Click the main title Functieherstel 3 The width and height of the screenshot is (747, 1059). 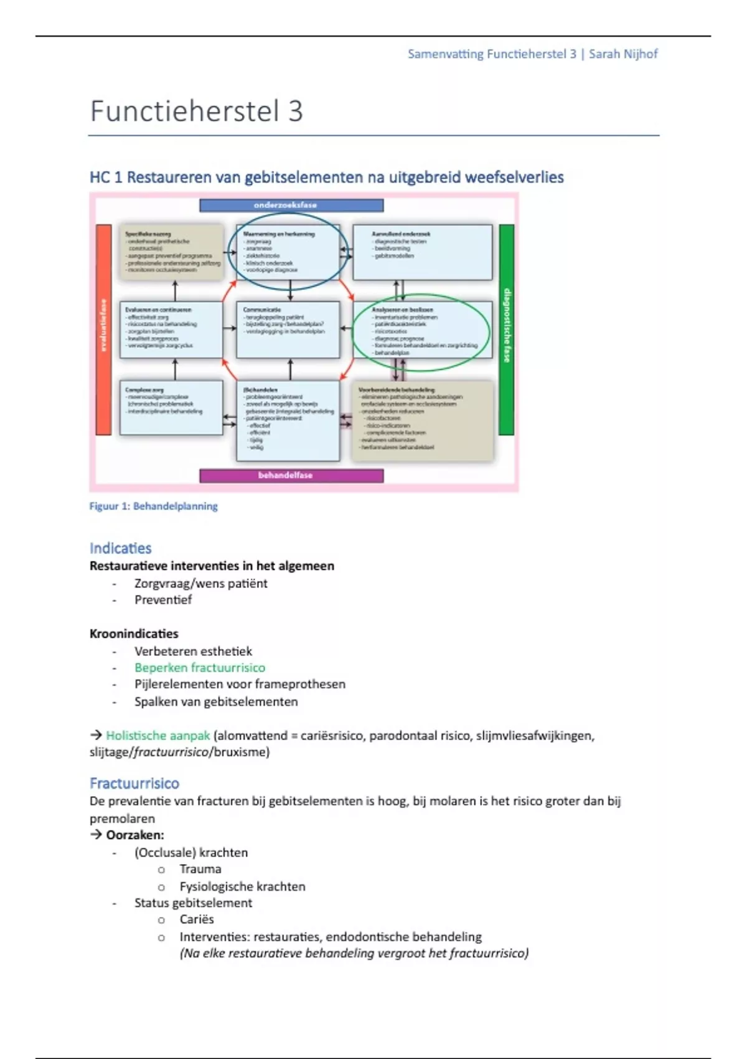pyautogui.click(x=196, y=112)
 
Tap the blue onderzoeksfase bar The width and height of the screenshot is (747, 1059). pyautogui.click(x=291, y=205)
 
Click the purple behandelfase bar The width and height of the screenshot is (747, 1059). pyautogui.click(x=291, y=475)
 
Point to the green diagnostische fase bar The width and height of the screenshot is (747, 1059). pyautogui.click(x=507, y=329)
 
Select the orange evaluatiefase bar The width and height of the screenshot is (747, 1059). pyautogui.click(x=103, y=329)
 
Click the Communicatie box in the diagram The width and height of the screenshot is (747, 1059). pyautogui.click(x=288, y=330)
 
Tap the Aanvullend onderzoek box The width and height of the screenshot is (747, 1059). pyautogui.click(x=422, y=252)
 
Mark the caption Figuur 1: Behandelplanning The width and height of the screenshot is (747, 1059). pyautogui.click(x=153, y=506)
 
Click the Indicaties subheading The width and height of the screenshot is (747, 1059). pyautogui.click(x=120, y=548)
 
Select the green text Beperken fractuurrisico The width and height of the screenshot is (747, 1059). pyautogui.click(x=199, y=668)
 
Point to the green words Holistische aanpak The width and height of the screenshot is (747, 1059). pyautogui.click(x=157, y=736)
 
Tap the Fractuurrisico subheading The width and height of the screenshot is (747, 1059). pyautogui.click(x=134, y=784)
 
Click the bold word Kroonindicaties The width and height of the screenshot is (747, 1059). pyautogui.click(x=134, y=634)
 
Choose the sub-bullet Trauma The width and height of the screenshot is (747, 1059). pyautogui.click(x=200, y=869)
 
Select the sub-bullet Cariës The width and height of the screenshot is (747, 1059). pyautogui.click(x=196, y=919)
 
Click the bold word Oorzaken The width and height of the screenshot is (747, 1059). pyautogui.click(x=134, y=835)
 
